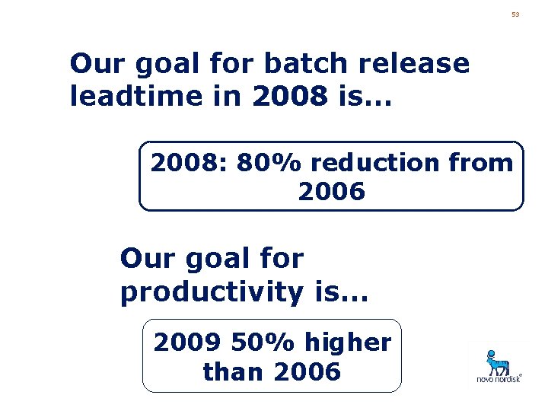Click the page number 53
tap(515, 14)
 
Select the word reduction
tap(376, 163)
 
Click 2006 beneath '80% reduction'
tap(331, 193)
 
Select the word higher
tap(349, 343)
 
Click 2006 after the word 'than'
tap(304, 372)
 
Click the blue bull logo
tap(499, 362)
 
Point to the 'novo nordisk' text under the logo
tap(499, 378)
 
